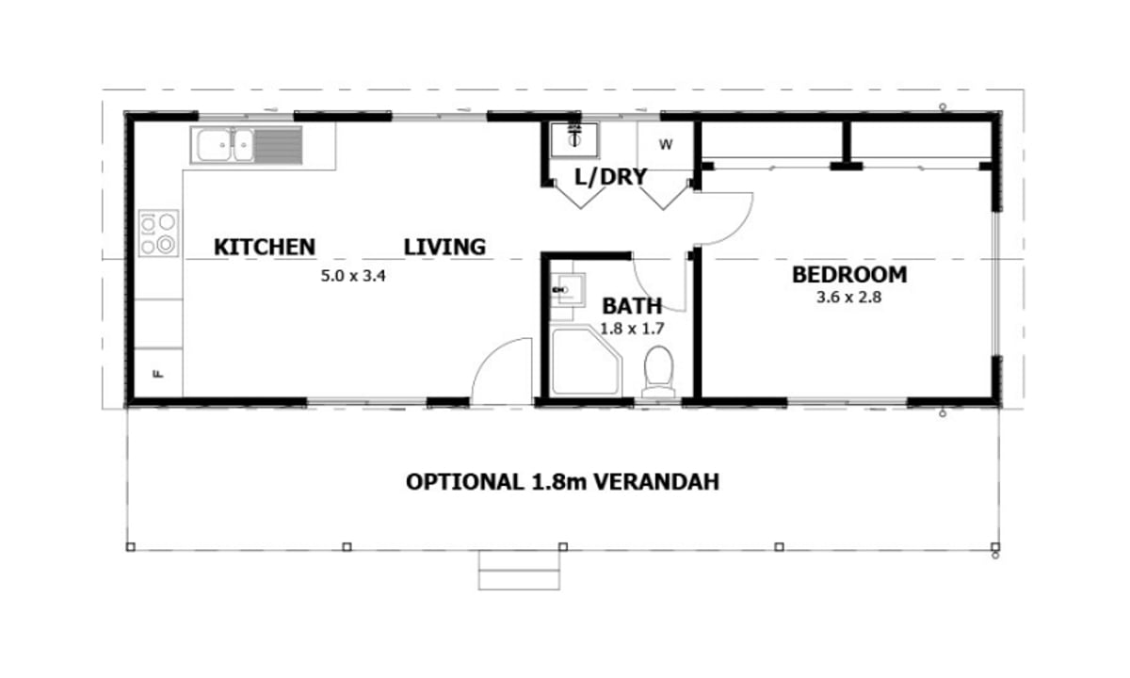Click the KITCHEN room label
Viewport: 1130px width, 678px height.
[265, 247]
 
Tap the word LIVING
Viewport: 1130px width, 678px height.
[444, 247]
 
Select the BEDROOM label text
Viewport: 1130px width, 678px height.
[849, 275]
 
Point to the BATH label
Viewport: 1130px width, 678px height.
[632, 306]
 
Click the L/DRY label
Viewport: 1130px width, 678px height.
[610, 176]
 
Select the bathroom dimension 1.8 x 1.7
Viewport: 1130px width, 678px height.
[633, 330]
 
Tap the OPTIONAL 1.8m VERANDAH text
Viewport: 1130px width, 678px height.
[563, 482]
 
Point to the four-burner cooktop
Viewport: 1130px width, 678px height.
[158, 234]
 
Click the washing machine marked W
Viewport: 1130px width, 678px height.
[666, 145]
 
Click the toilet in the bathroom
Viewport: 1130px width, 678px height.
[657, 372]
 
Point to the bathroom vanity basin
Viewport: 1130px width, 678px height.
[568, 289]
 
